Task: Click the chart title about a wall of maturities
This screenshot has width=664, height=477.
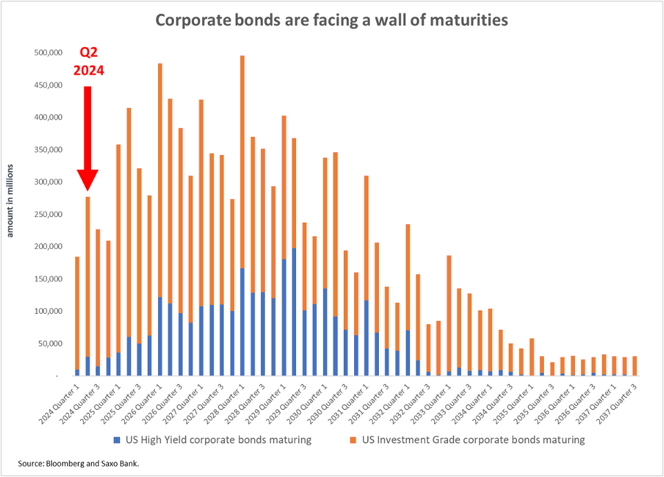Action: click(x=331, y=19)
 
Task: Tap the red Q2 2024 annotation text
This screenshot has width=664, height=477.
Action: click(x=89, y=61)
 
